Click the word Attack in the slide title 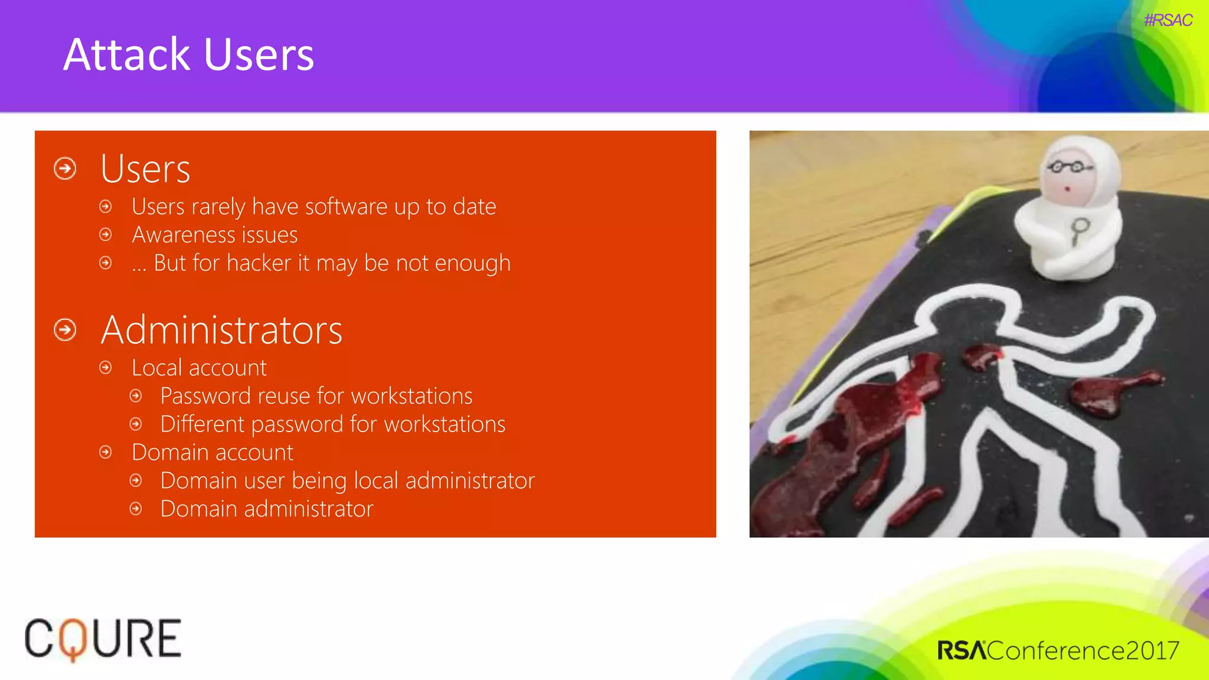126,55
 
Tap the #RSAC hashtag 1168,21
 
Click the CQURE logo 103,639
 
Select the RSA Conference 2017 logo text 1057,650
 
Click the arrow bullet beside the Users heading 65,169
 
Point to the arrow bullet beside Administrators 65,330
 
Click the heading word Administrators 221,330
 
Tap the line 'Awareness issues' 214,235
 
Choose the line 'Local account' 199,368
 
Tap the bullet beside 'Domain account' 106,453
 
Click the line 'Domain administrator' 267,509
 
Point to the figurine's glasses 1069,167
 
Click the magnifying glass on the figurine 1080,229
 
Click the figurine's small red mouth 1067,189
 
